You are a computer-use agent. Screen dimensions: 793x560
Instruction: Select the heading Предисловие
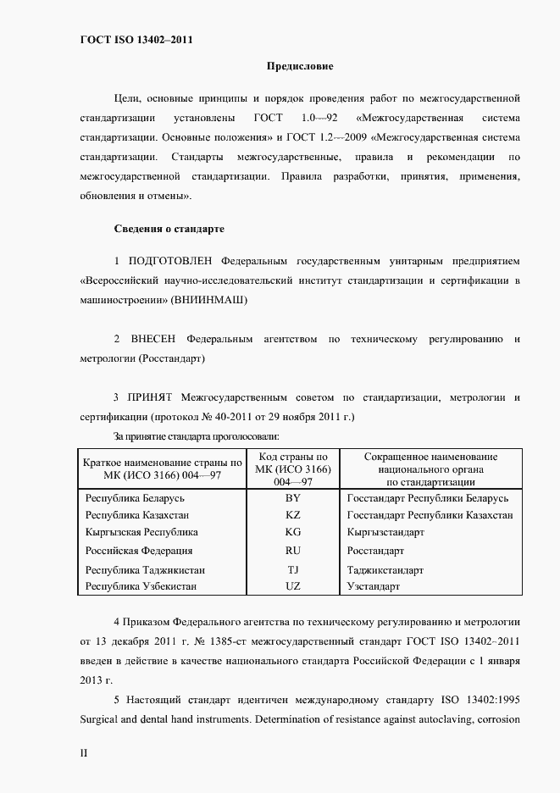pos(300,66)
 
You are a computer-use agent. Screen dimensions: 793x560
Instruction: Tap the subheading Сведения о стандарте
pos(169,229)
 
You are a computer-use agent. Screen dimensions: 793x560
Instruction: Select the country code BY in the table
pos(293,498)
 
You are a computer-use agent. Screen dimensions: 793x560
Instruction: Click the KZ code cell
pos(293,515)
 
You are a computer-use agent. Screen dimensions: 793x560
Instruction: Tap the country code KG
pos(293,532)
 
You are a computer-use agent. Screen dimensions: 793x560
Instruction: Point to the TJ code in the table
pos(293,570)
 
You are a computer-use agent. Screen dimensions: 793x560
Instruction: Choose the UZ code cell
pos(293,586)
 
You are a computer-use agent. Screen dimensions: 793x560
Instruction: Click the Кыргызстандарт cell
pos(385,532)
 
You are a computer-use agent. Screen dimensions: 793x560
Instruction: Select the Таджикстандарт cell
pos(385,570)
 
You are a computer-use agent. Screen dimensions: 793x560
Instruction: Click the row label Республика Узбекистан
pos(141,586)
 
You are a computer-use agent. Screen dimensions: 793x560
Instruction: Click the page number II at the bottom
pos(83,752)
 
